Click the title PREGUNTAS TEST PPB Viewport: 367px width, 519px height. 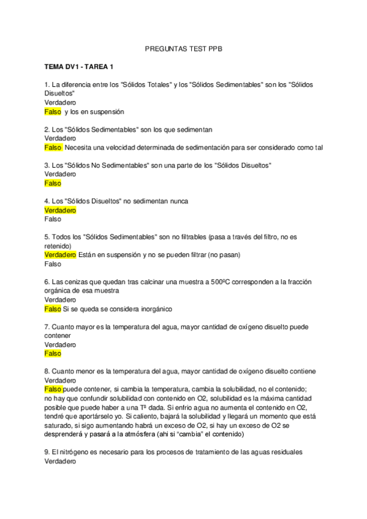pyautogui.click(x=183, y=47)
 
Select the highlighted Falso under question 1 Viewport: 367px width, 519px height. pyautogui.click(x=53, y=112)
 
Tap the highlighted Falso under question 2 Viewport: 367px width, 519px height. pyautogui.click(x=53, y=147)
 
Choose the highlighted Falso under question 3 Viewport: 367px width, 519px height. pyautogui.click(x=53, y=183)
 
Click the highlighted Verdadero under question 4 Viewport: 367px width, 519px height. pyautogui.click(x=60, y=210)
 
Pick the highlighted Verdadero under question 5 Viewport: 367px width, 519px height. pyautogui.click(x=60, y=255)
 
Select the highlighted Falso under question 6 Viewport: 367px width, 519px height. pyautogui.click(x=53, y=308)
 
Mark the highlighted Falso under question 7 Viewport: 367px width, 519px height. pyautogui.click(x=53, y=353)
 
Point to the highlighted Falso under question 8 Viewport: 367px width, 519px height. pyautogui.click(x=53, y=389)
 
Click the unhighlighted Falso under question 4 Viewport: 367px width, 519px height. pyautogui.click(x=53, y=218)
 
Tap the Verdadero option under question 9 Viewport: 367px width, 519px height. pyautogui.click(x=60, y=461)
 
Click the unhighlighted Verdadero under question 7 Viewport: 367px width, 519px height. pyautogui.click(x=60, y=345)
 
